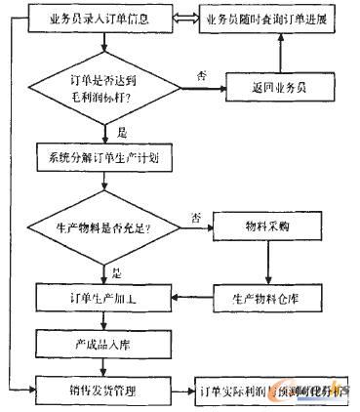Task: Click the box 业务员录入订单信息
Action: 99,19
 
